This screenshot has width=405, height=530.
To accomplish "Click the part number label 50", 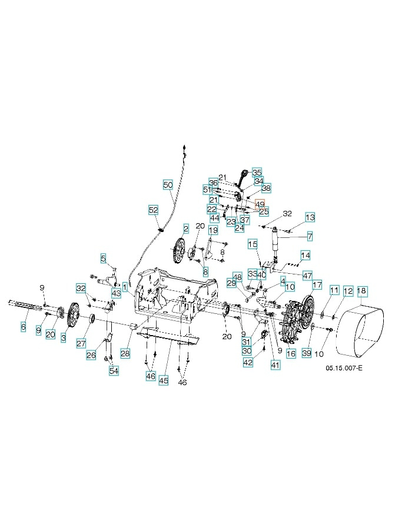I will click(x=168, y=185).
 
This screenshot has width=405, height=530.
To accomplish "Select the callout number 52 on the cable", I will click(x=153, y=210).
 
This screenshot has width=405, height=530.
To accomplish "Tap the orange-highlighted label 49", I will click(x=260, y=203).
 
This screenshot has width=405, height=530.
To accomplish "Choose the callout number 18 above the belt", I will click(x=362, y=290).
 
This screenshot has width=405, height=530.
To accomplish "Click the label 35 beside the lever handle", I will click(x=257, y=172).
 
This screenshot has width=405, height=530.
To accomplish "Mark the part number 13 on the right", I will click(x=310, y=218).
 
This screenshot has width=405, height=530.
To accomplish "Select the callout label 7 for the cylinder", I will click(x=309, y=237).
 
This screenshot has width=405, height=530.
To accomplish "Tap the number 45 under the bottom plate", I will click(x=164, y=381).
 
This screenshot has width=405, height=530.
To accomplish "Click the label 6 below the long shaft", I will click(x=24, y=327).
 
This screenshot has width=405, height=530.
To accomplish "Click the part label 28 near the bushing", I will click(x=125, y=353).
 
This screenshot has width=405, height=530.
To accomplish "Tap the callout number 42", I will click(x=248, y=363).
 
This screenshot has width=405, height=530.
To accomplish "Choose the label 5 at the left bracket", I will click(x=103, y=258).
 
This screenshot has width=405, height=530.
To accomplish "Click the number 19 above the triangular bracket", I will click(x=213, y=230).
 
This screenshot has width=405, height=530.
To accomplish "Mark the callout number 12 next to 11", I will click(x=348, y=290).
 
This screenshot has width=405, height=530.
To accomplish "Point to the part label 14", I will click(x=305, y=255).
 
